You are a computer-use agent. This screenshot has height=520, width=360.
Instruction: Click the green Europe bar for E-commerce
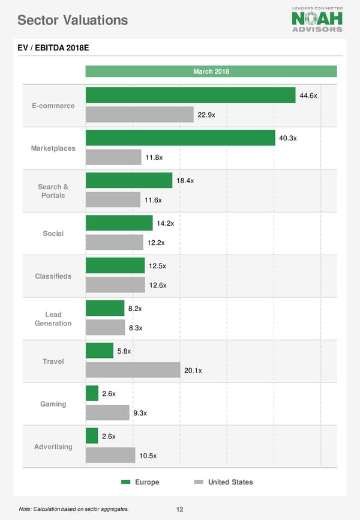[x=190, y=95]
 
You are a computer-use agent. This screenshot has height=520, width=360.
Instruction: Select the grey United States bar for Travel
[x=133, y=370]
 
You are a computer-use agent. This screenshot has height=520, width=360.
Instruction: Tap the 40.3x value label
[x=288, y=139]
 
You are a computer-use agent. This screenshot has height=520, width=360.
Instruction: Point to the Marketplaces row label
[x=53, y=148]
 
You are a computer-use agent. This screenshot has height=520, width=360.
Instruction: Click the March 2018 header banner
[x=211, y=72]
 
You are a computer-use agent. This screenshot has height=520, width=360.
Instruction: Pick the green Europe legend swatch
[x=126, y=482]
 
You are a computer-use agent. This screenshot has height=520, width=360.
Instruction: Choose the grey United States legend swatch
[x=199, y=482]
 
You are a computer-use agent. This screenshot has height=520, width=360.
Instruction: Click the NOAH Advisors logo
[x=317, y=19]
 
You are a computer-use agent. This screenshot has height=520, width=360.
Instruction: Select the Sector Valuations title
[x=73, y=20]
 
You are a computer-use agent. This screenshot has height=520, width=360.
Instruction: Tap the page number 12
[x=179, y=509]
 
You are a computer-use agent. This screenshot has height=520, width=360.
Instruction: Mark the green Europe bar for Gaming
[x=92, y=393]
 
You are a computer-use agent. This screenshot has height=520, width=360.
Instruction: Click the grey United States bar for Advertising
[x=110, y=455]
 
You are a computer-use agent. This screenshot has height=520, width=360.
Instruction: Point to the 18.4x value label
[x=185, y=181]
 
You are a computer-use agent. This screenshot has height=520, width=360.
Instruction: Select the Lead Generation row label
[x=53, y=319]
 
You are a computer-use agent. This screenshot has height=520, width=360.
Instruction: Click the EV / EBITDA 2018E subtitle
[x=53, y=48]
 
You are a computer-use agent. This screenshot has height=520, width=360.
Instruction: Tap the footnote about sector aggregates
[x=73, y=509]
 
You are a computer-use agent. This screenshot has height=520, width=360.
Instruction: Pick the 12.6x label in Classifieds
[x=157, y=285]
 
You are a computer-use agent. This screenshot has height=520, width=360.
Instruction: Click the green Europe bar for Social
[x=119, y=223]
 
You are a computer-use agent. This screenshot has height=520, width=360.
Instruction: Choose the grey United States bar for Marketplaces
[x=113, y=157]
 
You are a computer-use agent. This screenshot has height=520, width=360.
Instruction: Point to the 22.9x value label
[x=206, y=115]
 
